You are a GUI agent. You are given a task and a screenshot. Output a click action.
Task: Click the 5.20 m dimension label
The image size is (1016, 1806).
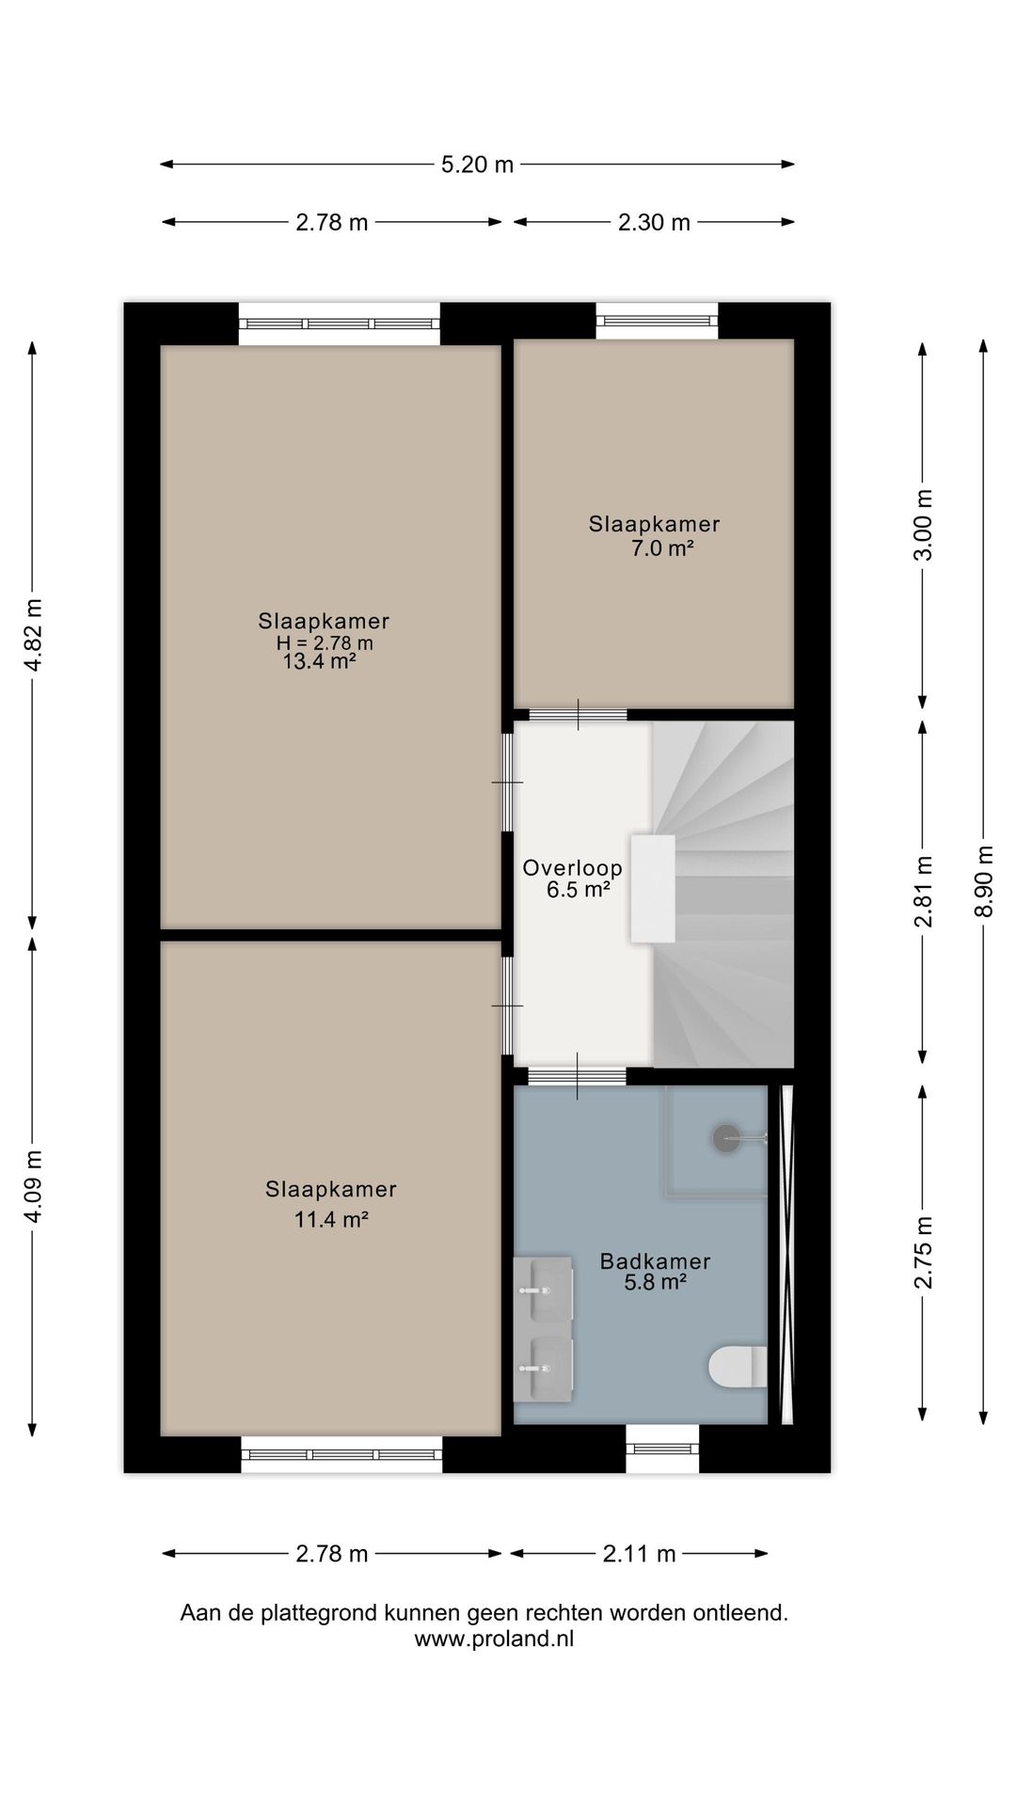point(478,165)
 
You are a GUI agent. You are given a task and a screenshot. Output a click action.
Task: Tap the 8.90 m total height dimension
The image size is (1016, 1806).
point(985,880)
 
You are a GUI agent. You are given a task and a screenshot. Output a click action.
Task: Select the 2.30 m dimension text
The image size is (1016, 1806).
point(654,223)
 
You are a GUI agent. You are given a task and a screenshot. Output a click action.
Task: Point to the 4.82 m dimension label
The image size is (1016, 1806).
point(33,635)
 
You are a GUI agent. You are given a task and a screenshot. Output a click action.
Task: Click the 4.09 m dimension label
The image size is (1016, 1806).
point(33,1187)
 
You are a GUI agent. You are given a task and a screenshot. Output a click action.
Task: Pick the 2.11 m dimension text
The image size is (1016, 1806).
point(640,1554)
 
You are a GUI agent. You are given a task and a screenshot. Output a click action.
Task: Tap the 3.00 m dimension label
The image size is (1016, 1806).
point(924,525)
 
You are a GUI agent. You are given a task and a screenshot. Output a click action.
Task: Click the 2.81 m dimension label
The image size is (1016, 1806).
point(924,891)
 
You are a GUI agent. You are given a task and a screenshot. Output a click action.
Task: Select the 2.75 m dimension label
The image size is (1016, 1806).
point(924,1252)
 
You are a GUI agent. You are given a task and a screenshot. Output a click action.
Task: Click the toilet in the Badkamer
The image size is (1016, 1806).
point(738,1368)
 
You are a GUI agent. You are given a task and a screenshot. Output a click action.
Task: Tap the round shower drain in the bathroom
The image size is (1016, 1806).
point(726,1139)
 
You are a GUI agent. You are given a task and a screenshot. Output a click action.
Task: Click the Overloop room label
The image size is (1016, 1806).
point(572,868)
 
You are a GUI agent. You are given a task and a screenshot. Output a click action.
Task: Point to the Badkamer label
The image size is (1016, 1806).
point(655,1261)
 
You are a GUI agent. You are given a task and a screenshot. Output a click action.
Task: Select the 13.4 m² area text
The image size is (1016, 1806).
point(319,661)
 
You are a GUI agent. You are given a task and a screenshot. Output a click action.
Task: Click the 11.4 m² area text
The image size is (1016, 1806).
point(330,1220)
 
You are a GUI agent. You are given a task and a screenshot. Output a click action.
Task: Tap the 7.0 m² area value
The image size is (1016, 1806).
point(662,548)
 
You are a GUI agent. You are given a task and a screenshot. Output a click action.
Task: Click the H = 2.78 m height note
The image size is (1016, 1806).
point(325,643)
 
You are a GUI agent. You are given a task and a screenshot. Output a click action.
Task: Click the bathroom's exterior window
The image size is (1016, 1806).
point(663,1449)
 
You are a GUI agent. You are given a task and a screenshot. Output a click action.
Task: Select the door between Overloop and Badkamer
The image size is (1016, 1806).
point(578,1076)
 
